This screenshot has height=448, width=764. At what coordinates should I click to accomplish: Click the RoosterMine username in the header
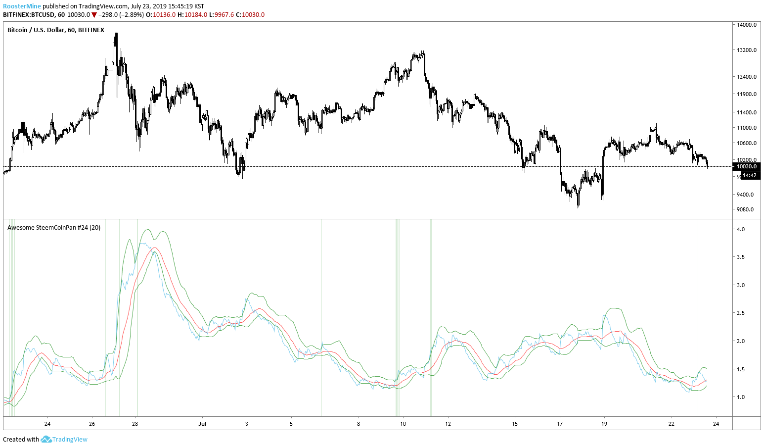(22, 6)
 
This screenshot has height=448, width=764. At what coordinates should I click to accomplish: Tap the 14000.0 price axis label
(747, 25)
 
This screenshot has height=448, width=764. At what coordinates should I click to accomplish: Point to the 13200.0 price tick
(747, 50)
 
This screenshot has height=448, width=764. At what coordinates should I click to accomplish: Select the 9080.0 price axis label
(745, 209)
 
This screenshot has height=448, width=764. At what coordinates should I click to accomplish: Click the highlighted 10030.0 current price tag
(747, 167)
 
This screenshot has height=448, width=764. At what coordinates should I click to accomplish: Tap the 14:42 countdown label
(749, 175)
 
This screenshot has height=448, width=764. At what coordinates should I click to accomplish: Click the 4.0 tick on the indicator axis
(741, 230)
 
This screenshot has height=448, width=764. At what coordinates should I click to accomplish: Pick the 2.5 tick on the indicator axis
(741, 313)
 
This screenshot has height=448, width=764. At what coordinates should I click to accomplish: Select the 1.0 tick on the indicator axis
(741, 397)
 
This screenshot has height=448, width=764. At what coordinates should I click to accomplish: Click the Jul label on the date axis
(202, 424)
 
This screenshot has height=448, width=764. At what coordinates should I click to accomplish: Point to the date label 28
(135, 424)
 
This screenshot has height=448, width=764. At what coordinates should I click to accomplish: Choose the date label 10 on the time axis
(403, 424)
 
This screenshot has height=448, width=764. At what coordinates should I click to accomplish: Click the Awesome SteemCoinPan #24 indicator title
(54, 228)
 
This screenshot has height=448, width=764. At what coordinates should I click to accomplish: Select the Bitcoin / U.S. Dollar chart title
(55, 30)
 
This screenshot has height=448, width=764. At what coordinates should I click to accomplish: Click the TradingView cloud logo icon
(46, 439)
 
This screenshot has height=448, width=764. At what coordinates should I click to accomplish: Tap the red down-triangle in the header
(94, 15)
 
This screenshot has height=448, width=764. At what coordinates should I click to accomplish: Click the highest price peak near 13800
(116, 33)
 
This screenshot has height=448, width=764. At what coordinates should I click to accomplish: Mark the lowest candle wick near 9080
(578, 206)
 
